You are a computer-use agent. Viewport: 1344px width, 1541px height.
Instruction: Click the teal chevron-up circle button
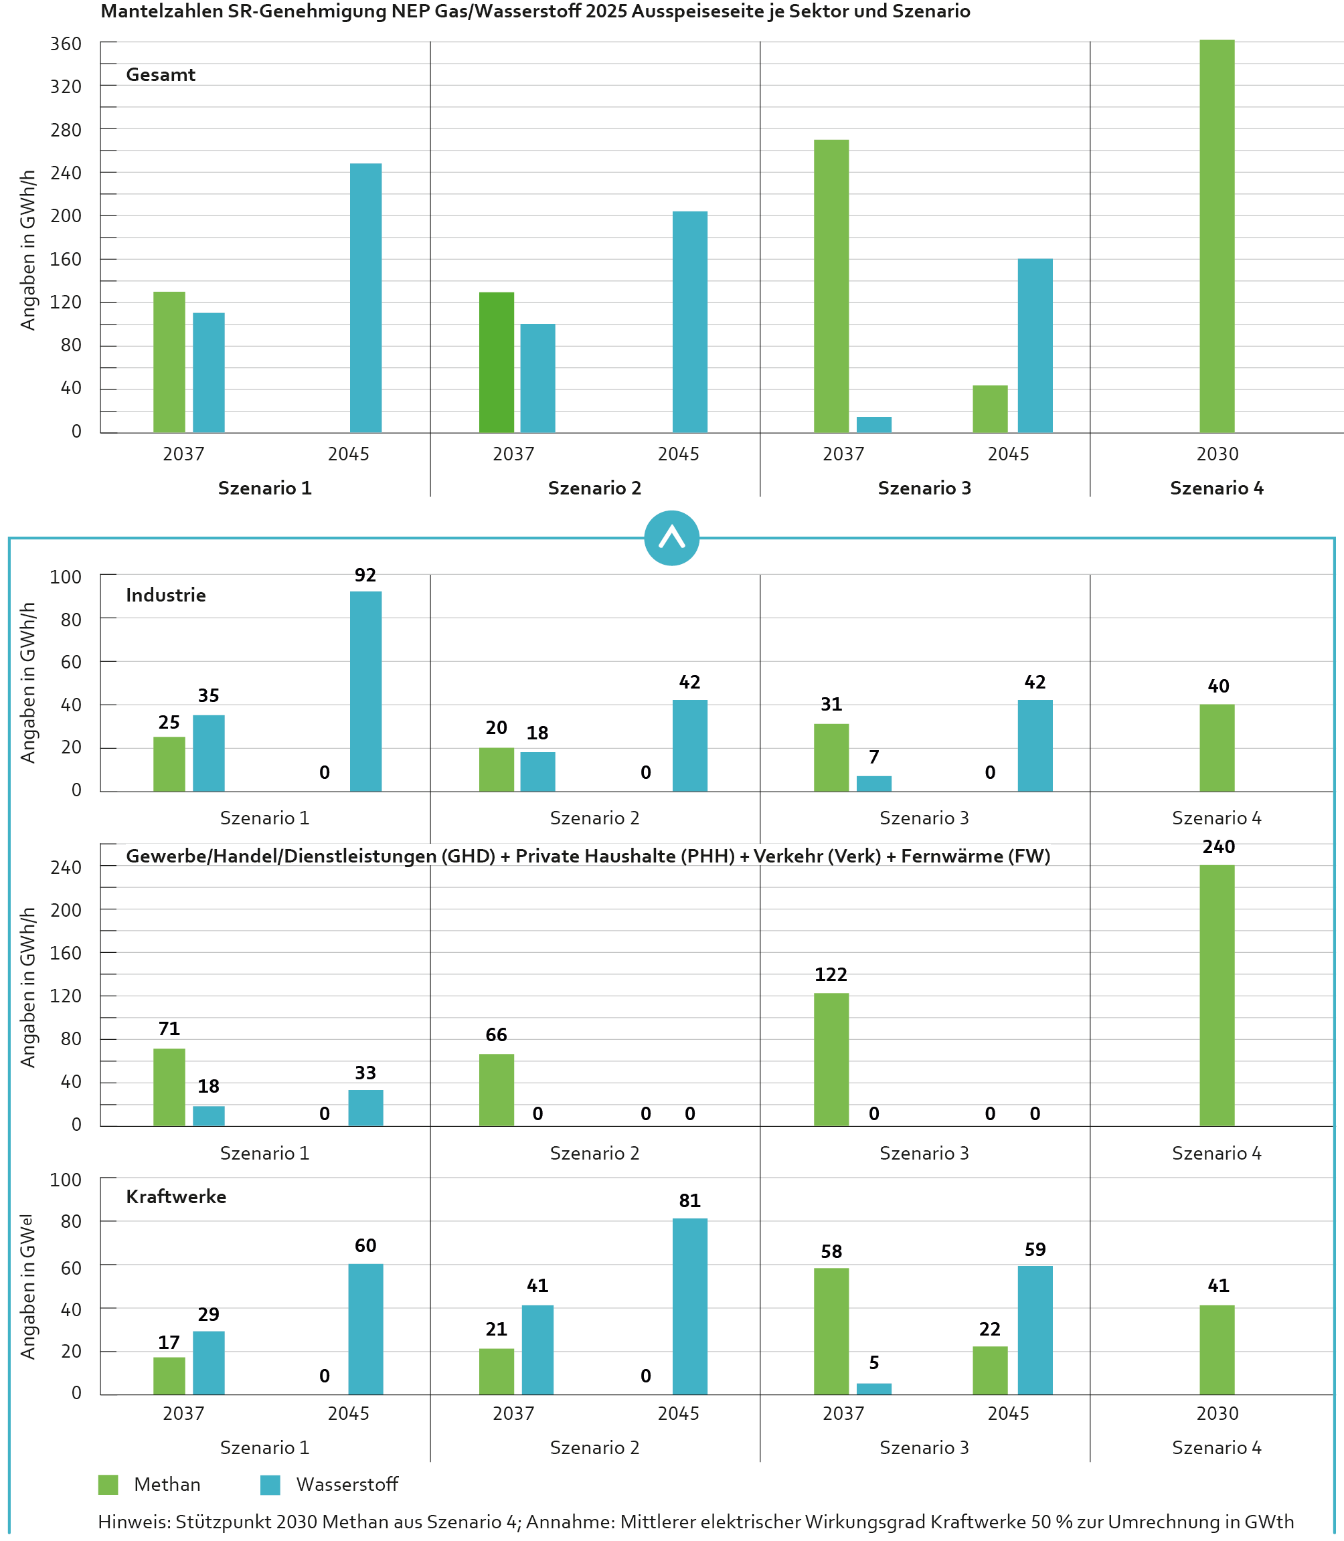tap(671, 539)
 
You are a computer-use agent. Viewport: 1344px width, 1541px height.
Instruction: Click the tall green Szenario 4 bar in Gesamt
tap(1217, 236)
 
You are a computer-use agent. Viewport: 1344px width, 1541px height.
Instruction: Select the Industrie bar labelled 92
tap(365, 691)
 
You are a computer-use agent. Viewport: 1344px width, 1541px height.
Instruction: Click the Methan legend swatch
tap(108, 1485)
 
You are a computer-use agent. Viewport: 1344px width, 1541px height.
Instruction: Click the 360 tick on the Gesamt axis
tap(66, 44)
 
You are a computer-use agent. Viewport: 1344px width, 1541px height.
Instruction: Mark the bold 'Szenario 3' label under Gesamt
tap(924, 488)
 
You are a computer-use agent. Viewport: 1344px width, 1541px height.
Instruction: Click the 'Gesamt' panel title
tap(161, 75)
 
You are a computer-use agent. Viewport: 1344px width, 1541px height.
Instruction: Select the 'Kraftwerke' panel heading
tap(175, 1197)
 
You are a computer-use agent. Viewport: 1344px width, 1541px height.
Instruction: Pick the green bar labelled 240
tap(1217, 995)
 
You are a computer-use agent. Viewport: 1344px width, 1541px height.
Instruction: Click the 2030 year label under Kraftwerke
tap(1217, 1413)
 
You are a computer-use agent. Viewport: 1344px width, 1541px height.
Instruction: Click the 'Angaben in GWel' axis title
tap(27, 1287)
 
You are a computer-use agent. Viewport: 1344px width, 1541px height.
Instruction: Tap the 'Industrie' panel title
tap(166, 596)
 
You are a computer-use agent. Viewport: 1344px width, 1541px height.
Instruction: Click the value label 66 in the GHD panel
tap(496, 1035)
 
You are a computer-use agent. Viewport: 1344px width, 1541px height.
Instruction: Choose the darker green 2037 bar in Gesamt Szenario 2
tap(497, 362)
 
